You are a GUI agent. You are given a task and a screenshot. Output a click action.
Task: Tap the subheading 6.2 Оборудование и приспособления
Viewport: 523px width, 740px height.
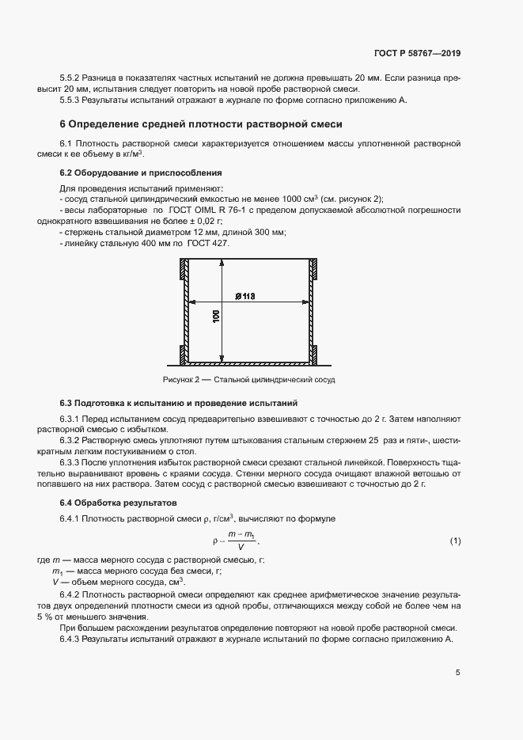tap(141, 173)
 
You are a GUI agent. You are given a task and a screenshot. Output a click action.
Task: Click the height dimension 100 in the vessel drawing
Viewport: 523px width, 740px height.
tap(216, 316)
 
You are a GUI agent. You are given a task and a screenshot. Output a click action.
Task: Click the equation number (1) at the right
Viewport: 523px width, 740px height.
tap(455, 541)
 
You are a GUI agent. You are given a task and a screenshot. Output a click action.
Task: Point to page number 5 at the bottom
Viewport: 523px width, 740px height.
tap(457, 674)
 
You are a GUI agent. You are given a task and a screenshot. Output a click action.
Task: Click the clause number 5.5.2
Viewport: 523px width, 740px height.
tap(71, 79)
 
